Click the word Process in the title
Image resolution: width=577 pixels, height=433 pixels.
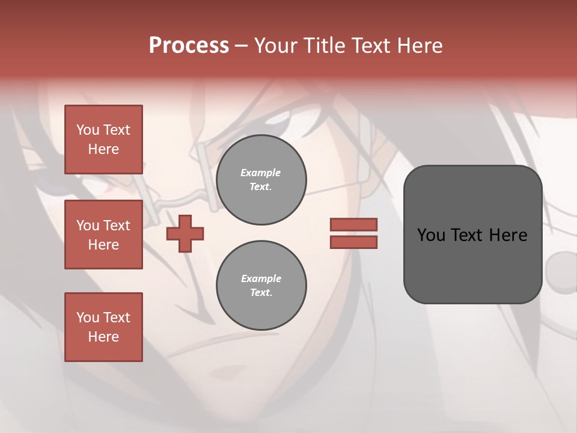(189, 46)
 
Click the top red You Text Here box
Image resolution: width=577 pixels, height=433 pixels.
(103, 140)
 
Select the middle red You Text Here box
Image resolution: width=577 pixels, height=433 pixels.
(103, 235)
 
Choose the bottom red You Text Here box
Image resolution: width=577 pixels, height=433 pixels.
(103, 327)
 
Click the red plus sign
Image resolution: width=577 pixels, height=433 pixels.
(185, 234)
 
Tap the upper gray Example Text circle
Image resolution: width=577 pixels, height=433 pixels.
(261, 180)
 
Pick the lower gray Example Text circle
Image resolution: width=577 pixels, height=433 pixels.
(261, 286)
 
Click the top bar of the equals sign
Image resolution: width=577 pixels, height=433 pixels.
(353, 225)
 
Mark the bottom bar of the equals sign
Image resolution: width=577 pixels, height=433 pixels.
(353, 242)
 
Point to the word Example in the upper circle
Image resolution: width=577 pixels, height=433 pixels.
(261, 173)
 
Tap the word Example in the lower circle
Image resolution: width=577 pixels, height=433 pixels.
(261, 278)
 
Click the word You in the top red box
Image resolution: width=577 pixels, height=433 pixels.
(88, 130)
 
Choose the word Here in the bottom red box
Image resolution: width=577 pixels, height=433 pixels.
(103, 337)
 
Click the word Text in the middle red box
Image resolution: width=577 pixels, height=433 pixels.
(116, 226)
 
